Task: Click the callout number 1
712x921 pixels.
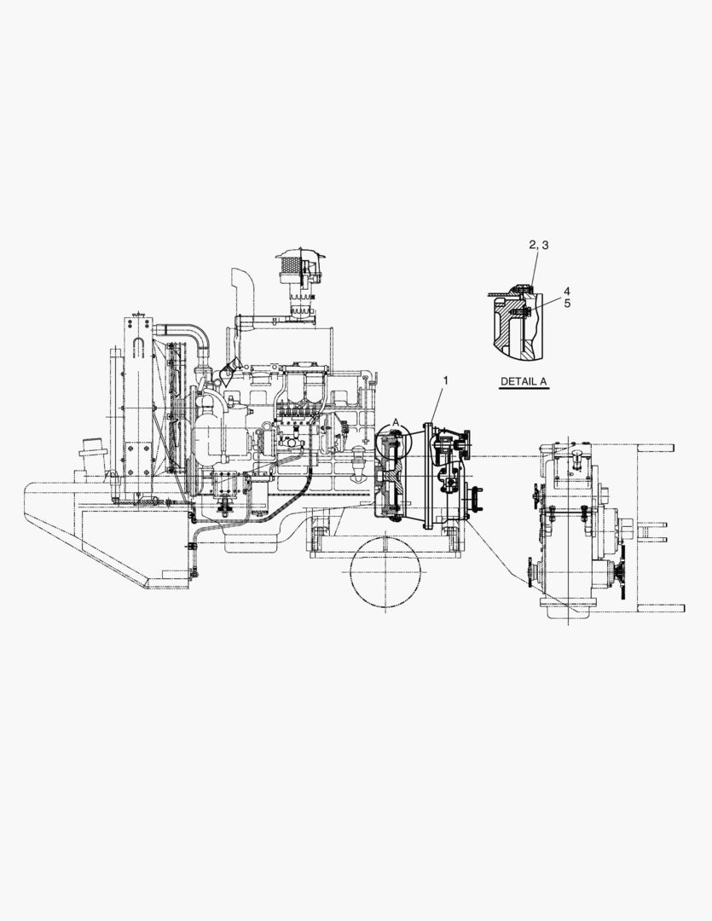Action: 445,380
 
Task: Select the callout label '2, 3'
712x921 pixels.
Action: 539,245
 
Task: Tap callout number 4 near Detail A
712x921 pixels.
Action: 567,291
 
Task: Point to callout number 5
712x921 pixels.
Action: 567,303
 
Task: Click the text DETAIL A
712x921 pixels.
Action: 524,381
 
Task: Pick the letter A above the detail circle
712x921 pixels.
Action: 396,421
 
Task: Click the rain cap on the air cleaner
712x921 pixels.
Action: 299,255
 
